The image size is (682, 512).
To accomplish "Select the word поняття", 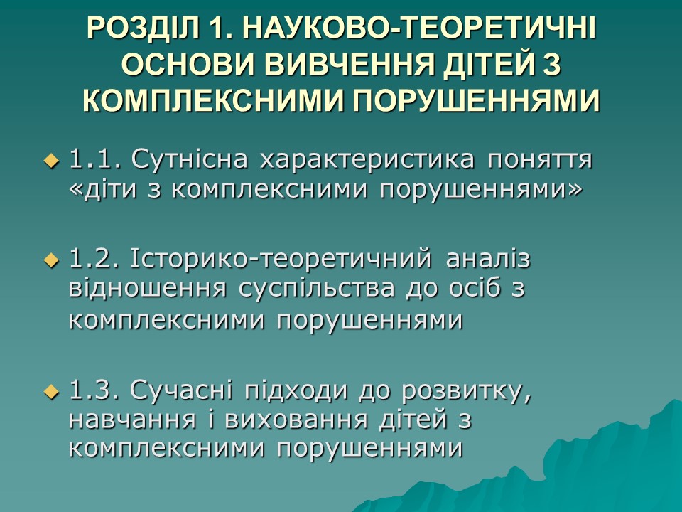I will (x=540, y=161).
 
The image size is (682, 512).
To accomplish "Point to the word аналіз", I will (x=489, y=259).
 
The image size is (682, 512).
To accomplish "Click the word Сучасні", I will (x=181, y=390).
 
